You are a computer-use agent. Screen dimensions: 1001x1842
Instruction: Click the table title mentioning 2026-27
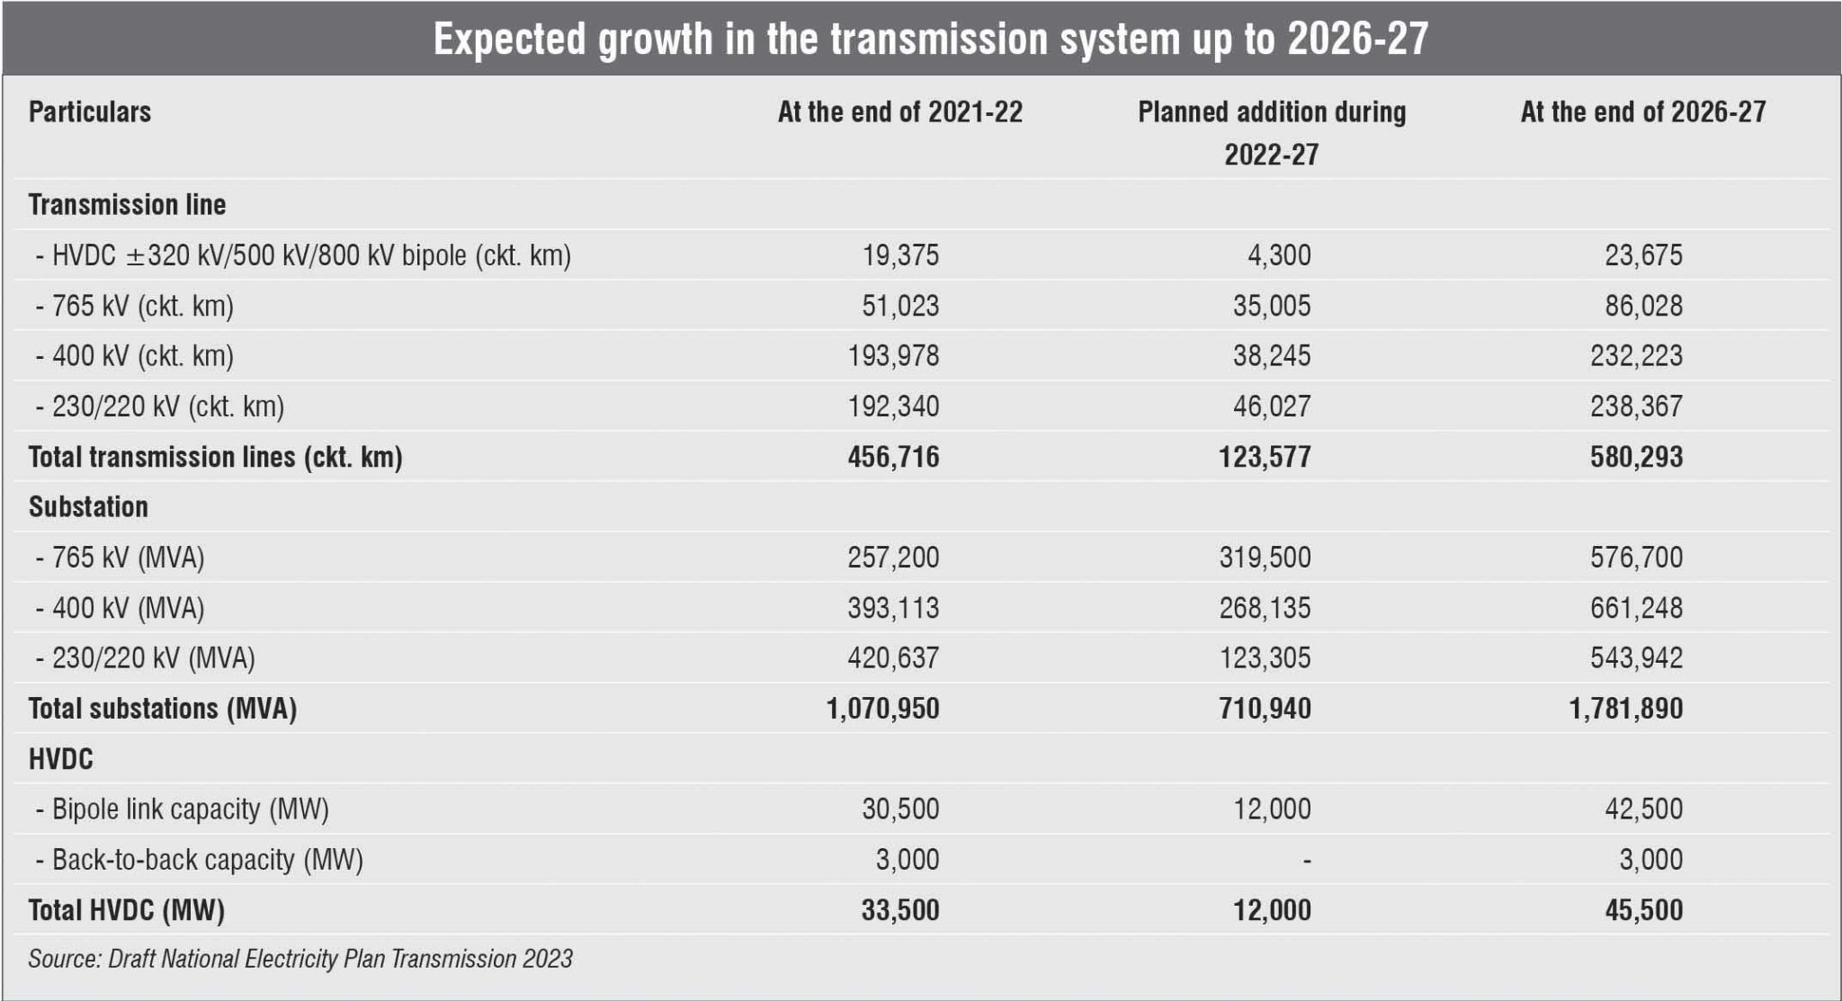pyautogui.click(x=930, y=40)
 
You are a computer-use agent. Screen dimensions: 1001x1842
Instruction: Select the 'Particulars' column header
pyautogui.click(x=90, y=112)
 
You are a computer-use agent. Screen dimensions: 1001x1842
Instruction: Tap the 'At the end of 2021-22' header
pyautogui.click(x=899, y=112)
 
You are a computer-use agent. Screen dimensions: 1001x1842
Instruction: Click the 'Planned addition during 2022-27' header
pyautogui.click(x=1271, y=132)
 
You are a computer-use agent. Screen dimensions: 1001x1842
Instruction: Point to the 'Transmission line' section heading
pyautogui.click(x=127, y=205)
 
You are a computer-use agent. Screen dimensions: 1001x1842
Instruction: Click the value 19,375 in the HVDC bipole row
pyautogui.click(x=900, y=255)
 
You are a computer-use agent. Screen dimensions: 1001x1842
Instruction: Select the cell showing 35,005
pyautogui.click(x=1271, y=306)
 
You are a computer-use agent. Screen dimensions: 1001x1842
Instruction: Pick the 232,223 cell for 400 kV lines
pyautogui.click(x=1635, y=356)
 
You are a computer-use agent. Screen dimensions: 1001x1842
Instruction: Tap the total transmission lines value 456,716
pyautogui.click(x=892, y=457)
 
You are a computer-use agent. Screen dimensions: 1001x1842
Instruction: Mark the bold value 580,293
pyautogui.click(x=1635, y=457)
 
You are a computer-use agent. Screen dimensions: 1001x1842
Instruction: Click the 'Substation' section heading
pyautogui.click(x=88, y=507)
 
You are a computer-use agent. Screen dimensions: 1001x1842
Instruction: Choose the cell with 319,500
pyautogui.click(x=1265, y=558)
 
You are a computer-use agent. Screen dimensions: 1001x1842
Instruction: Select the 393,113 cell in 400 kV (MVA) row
pyautogui.click(x=892, y=608)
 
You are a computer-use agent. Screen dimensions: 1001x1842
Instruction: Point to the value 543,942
pyautogui.click(x=1635, y=658)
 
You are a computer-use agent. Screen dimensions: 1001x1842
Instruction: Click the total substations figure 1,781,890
pyautogui.click(x=1625, y=709)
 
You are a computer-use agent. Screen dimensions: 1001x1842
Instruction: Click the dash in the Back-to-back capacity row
pyautogui.click(x=1306, y=861)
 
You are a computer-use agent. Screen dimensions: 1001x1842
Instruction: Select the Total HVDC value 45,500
pyautogui.click(x=1643, y=910)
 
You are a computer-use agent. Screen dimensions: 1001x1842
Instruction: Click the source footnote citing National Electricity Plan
pyautogui.click(x=300, y=959)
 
